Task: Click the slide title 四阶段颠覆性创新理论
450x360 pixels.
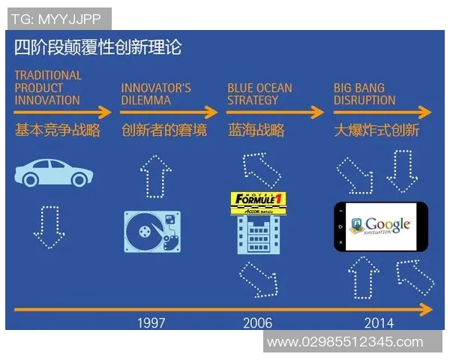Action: point(97,48)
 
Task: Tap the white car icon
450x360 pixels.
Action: point(54,172)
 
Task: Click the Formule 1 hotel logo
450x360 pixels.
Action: point(259,204)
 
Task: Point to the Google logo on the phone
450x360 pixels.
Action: point(381,226)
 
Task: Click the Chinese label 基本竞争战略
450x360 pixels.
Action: point(58,130)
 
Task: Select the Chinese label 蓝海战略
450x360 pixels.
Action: point(256,130)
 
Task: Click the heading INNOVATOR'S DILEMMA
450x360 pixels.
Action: point(156,94)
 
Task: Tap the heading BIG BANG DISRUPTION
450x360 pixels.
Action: point(364,94)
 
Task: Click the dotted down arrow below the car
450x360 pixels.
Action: point(49,224)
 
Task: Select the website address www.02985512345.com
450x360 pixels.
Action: point(344,342)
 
